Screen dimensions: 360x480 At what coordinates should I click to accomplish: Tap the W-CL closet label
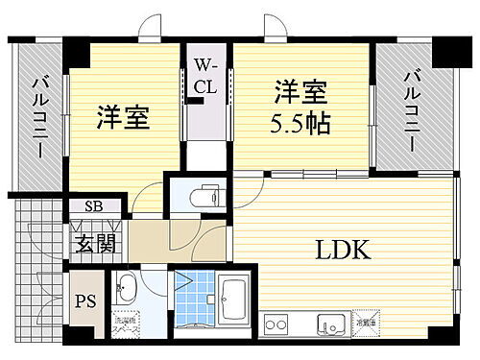pyautogui.click(x=208, y=74)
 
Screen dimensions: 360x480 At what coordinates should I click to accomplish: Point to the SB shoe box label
pyautogui.click(x=94, y=205)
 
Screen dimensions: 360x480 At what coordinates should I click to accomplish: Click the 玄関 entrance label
pyautogui.click(x=94, y=243)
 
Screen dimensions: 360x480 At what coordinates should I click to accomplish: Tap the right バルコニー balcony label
pyautogui.click(x=410, y=108)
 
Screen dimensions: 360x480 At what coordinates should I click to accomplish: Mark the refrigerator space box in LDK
pyautogui.click(x=364, y=317)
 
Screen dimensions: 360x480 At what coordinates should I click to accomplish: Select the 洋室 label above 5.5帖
pyautogui.click(x=300, y=93)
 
